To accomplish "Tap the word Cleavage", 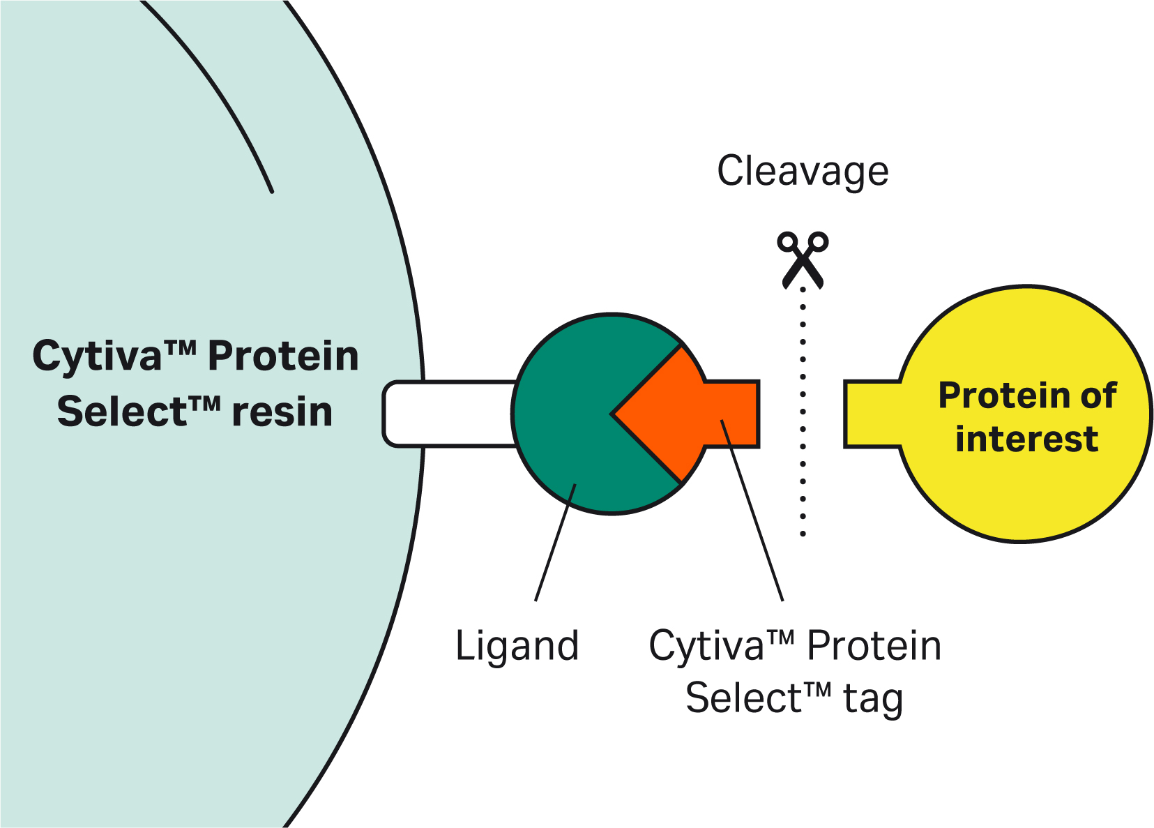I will [x=803, y=172].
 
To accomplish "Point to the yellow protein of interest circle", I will [x=1025, y=488].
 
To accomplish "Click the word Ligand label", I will [x=517, y=646].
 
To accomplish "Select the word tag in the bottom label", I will [x=873, y=698].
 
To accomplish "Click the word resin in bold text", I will [x=282, y=412].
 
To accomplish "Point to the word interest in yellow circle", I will [x=1026, y=439].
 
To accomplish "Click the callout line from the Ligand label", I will [x=554, y=544].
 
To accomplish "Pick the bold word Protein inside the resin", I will [x=283, y=356].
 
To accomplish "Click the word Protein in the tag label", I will [x=874, y=646].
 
